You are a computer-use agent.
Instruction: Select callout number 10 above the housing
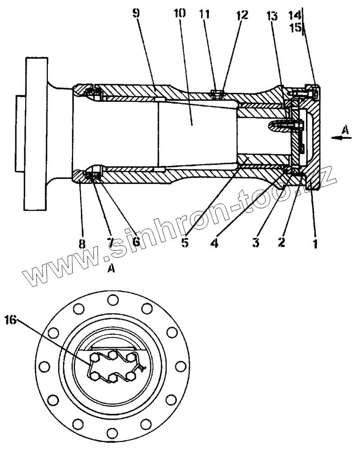pyautogui.click(x=179, y=13)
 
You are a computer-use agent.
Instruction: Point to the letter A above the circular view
pyautogui.click(x=111, y=269)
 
